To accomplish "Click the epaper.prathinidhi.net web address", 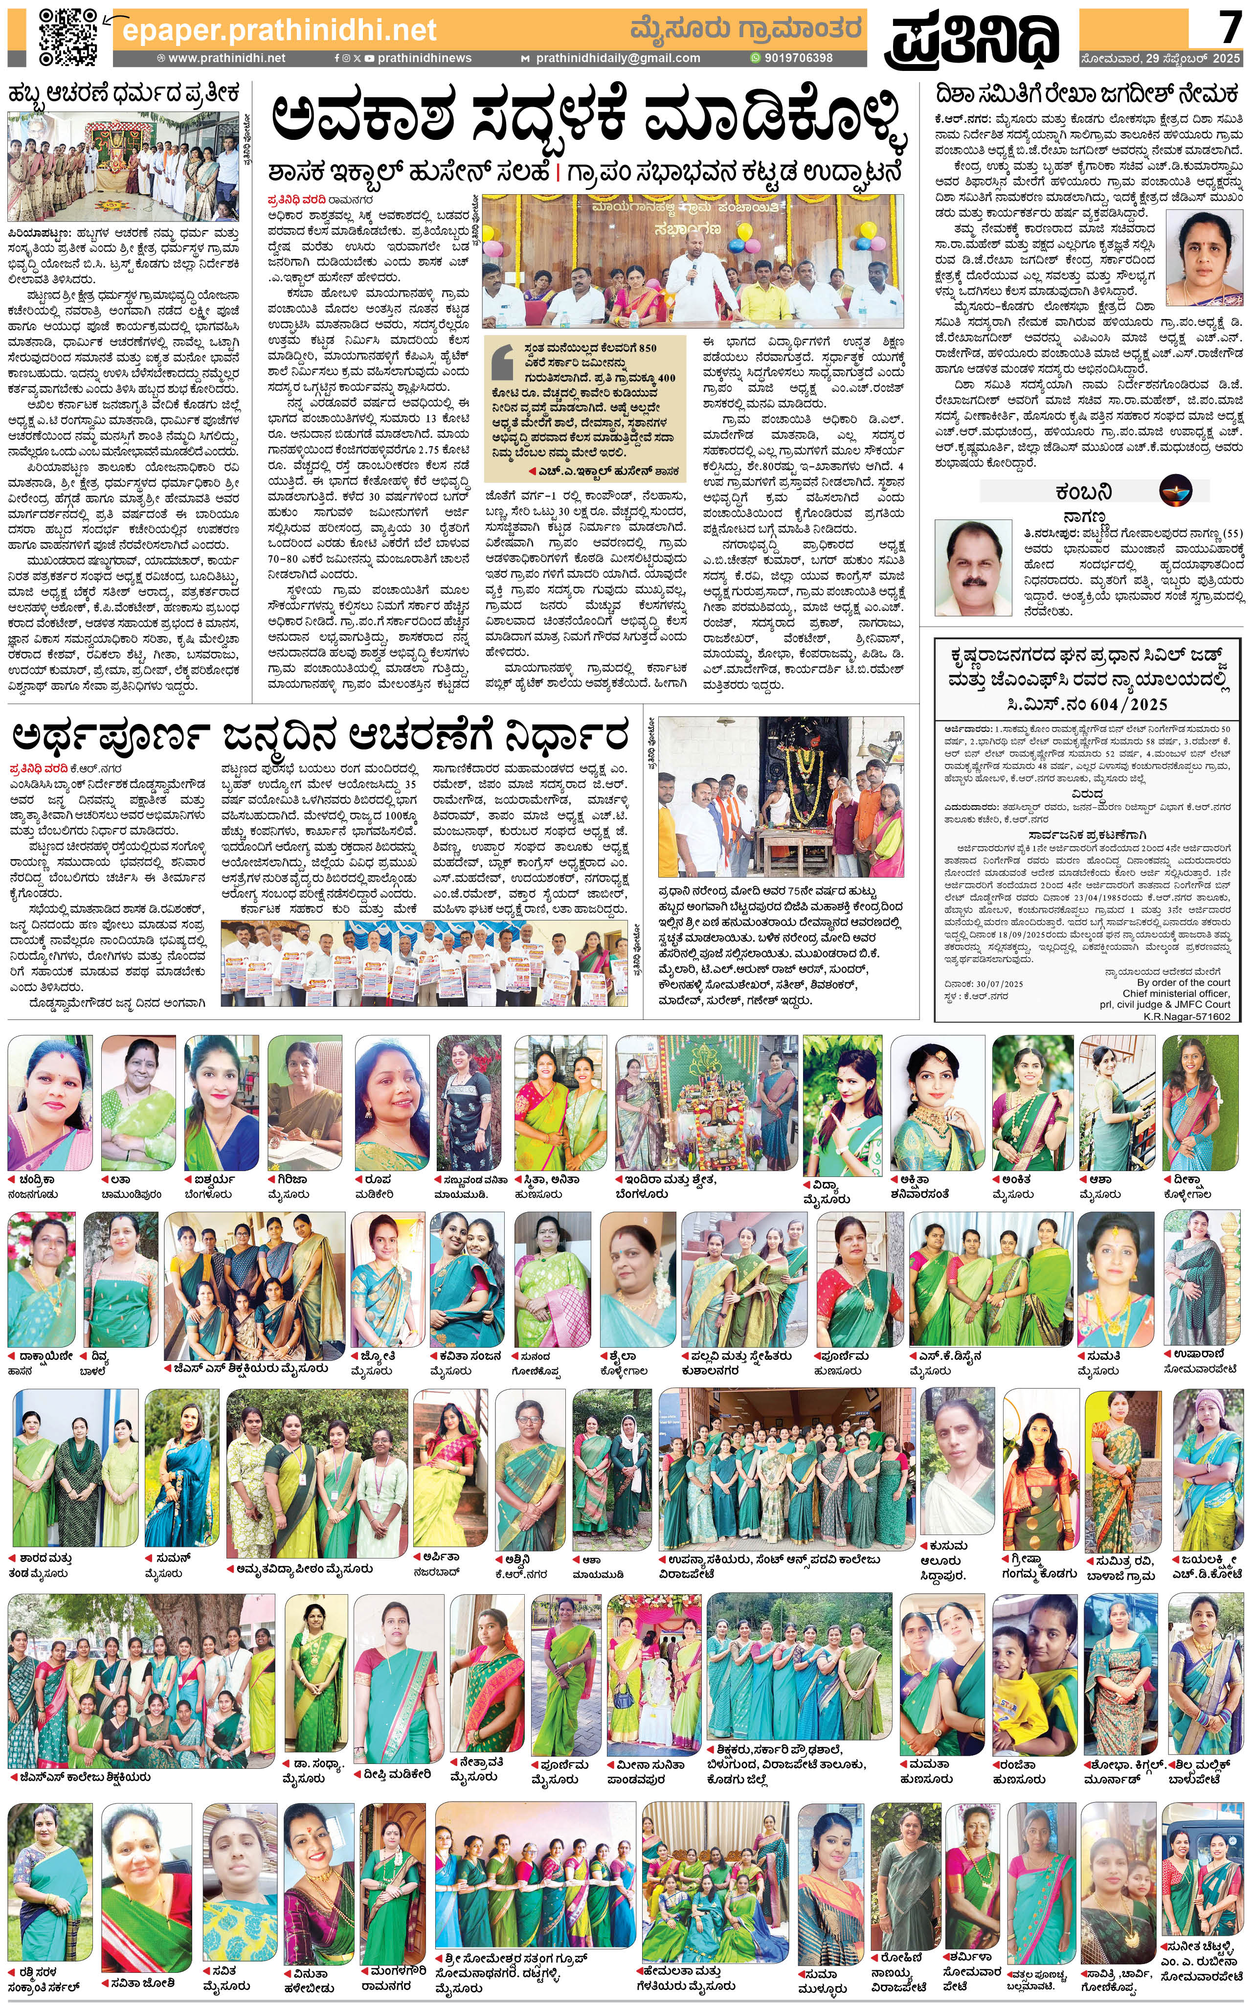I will (x=279, y=31).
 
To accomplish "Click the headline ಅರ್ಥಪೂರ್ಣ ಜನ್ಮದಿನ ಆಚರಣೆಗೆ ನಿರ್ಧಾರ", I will (x=320, y=734).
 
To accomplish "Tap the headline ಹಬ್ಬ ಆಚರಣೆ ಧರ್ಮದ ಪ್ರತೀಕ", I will (x=124, y=93).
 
